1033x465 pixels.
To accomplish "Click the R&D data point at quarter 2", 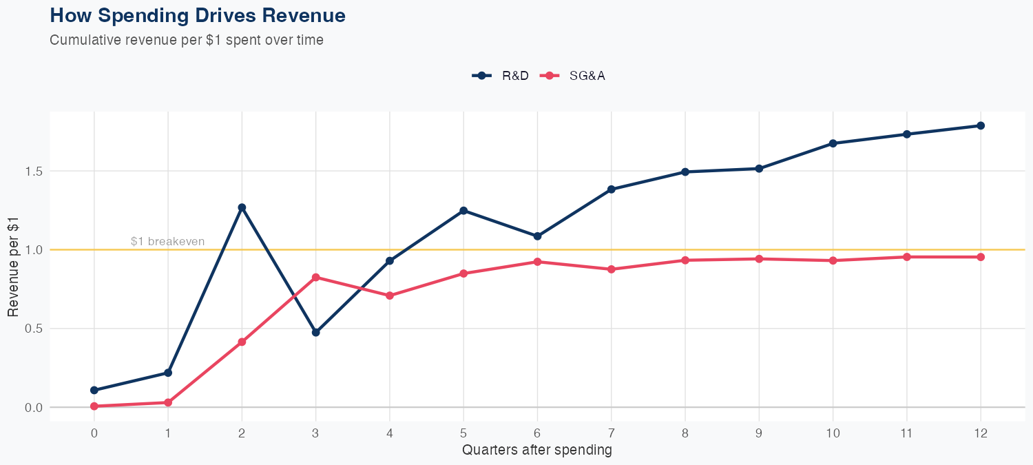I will [242, 207].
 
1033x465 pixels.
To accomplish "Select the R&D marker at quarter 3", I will [316, 332].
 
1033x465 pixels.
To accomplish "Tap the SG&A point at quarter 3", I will [316, 277].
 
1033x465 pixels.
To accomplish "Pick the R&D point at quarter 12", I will [981, 125].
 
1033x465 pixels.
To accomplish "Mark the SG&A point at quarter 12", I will [981, 257].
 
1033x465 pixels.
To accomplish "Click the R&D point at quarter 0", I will [94, 390].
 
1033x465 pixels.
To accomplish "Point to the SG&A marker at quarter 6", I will [537, 262].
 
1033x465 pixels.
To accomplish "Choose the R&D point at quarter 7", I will [612, 189].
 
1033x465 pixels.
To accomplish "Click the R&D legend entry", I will [501, 76].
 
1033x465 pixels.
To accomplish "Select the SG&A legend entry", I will [573, 76].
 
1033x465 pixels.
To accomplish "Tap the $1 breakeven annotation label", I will [167, 241].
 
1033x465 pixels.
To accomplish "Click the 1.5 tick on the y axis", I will [34, 171].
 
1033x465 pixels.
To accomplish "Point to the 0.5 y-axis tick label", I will [34, 329].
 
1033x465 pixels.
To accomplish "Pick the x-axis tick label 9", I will [759, 433].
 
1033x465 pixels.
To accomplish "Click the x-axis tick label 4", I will [390, 433].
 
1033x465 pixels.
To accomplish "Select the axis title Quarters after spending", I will [537, 451].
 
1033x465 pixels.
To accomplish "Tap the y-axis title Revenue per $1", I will [13, 266].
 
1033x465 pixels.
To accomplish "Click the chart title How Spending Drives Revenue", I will [198, 15].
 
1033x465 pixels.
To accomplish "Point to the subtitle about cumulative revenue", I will [187, 40].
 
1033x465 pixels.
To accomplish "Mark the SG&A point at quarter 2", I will [242, 342].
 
